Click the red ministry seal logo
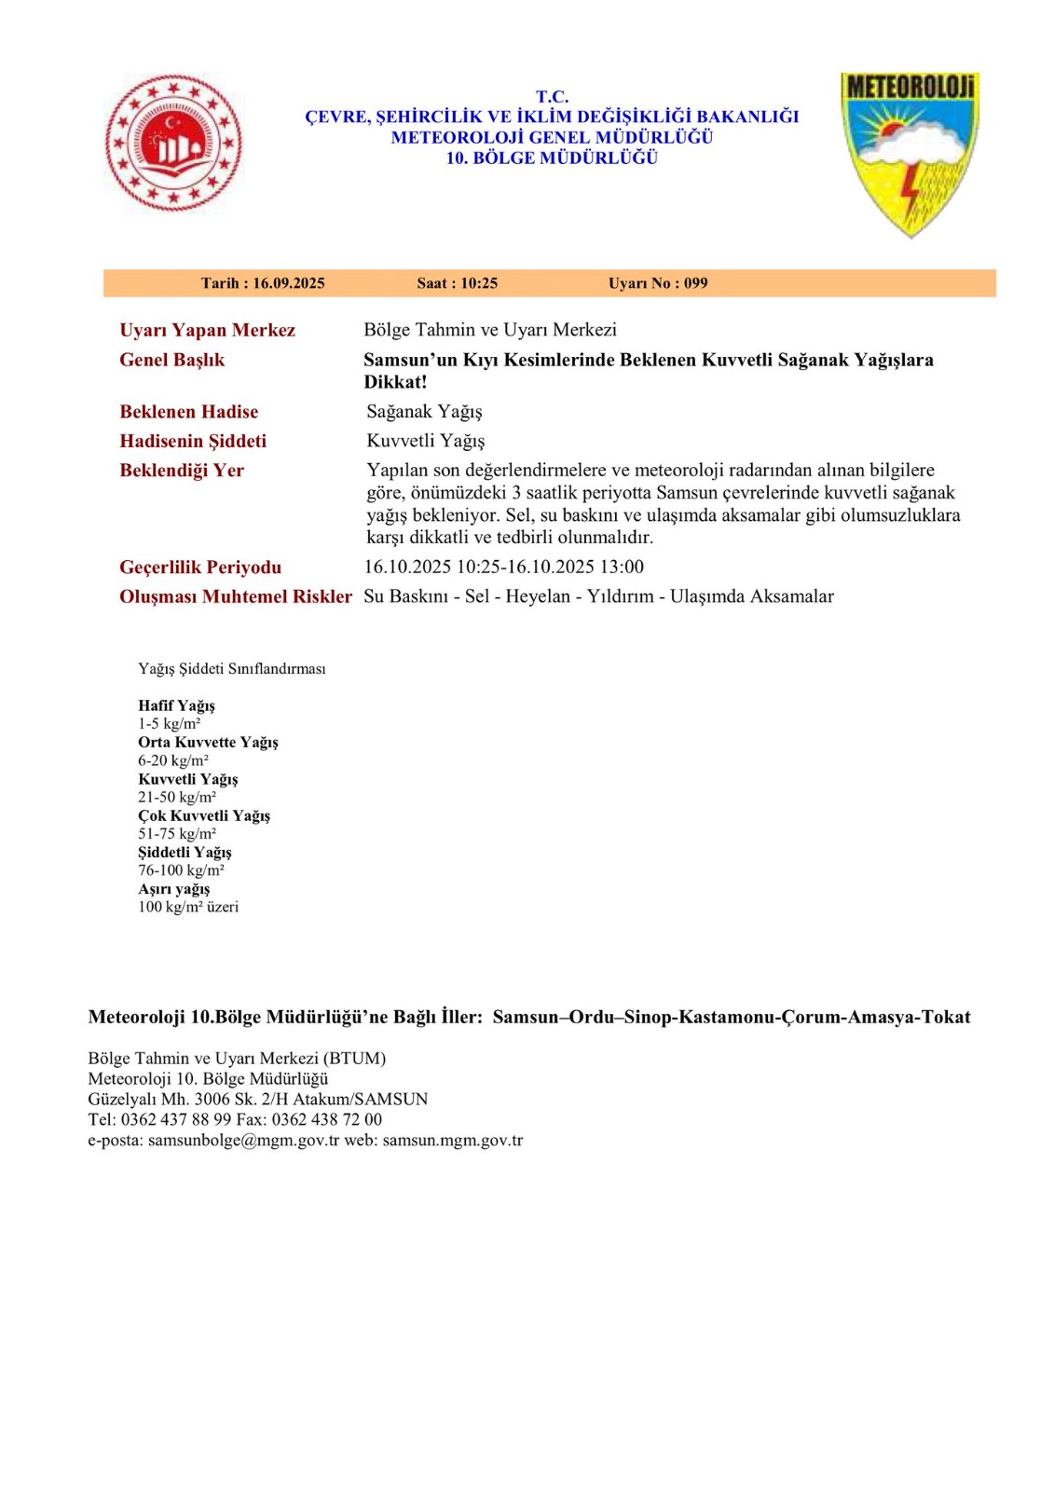point(172,143)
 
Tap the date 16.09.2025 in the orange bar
point(288,283)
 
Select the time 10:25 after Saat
point(478,283)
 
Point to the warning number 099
point(695,283)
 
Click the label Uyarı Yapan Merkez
point(207,330)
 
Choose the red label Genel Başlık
point(171,360)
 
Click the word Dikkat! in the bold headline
point(395,382)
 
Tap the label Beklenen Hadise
point(188,412)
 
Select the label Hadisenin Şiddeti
point(193,441)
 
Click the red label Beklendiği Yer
point(182,471)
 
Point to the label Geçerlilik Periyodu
point(200,568)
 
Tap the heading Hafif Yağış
point(176,705)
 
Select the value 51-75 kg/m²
point(177,834)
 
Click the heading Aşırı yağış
point(173,889)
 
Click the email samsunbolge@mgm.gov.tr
point(243,1140)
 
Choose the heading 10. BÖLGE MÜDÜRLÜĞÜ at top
point(552,158)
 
